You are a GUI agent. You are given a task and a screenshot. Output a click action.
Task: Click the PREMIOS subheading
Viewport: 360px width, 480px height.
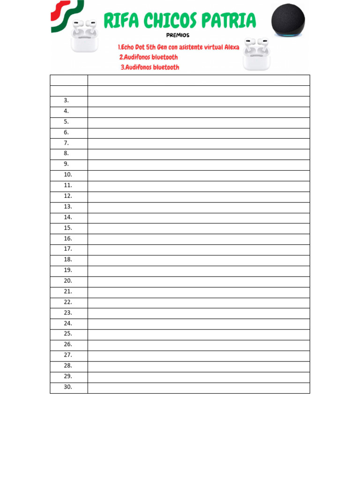click(x=178, y=35)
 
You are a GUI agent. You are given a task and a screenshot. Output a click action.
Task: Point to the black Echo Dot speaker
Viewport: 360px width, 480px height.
click(x=288, y=19)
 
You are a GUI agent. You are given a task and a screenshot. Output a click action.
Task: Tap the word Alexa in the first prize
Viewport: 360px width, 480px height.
click(x=231, y=47)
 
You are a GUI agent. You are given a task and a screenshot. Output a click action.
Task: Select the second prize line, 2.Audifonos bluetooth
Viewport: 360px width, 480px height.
click(x=149, y=57)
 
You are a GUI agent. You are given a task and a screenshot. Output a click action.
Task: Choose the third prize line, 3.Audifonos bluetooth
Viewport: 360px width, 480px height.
click(x=150, y=67)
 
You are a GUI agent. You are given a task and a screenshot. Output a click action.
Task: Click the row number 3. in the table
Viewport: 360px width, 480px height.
click(x=67, y=101)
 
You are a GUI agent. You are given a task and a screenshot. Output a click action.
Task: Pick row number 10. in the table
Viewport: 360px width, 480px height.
click(x=68, y=175)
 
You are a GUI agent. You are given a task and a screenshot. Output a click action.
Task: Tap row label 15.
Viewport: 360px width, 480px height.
click(x=68, y=228)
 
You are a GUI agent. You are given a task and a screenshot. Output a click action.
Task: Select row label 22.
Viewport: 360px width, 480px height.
click(x=68, y=302)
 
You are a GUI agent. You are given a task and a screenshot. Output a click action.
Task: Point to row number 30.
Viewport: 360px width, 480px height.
click(x=68, y=387)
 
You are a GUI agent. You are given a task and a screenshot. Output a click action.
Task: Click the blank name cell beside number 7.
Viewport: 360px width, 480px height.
click(x=198, y=143)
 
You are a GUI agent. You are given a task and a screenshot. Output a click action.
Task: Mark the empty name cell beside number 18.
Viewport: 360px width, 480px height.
click(x=198, y=260)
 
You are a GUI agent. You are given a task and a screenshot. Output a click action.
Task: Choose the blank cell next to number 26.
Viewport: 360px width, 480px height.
click(x=198, y=345)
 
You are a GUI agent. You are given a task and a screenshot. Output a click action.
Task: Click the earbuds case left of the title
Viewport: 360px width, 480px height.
click(x=84, y=36)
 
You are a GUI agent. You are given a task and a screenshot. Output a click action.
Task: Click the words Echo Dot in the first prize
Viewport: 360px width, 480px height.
click(x=132, y=47)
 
